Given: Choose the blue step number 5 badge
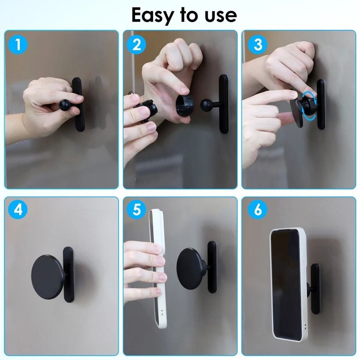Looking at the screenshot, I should [x=136, y=209].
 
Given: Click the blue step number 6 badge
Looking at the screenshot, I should [x=258, y=209].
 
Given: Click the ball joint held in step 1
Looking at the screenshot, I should [x=66, y=105].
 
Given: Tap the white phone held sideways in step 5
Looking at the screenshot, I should [x=157, y=266].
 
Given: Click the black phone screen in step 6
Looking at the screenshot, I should [x=286, y=284].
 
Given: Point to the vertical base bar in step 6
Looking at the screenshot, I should [x=315, y=288].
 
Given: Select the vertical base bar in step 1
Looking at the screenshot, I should [x=79, y=104].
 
